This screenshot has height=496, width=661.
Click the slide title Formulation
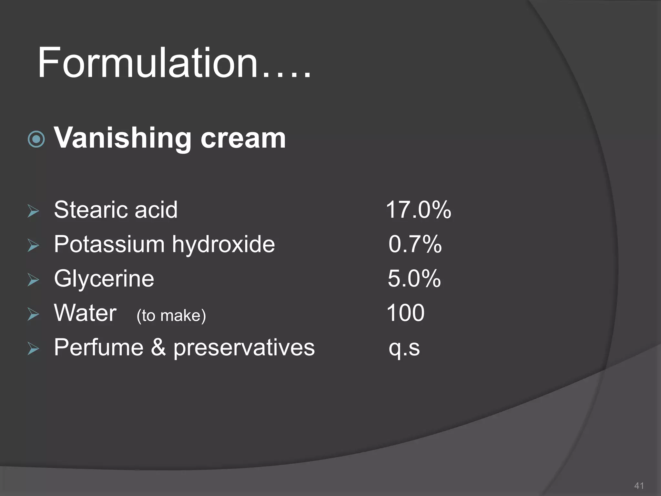click(174, 63)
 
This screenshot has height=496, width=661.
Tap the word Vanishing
click(122, 138)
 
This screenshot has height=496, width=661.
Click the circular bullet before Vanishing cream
click(36, 139)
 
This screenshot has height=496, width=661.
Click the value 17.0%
click(418, 210)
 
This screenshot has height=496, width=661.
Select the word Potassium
click(109, 244)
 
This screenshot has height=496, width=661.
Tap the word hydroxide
click(223, 244)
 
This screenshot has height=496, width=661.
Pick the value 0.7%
click(415, 244)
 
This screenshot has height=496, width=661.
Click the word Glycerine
click(104, 279)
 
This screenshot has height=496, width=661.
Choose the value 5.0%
click(414, 279)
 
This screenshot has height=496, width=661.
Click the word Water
click(85, 313)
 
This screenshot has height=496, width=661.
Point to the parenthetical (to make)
click(171, 315)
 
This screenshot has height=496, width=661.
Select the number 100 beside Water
click(405, 313)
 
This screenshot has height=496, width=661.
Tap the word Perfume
click(98, 348)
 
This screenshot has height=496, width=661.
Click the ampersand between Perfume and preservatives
click(158, 348)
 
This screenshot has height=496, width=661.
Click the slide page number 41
click(639, 486)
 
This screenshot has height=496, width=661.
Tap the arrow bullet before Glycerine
click(33, 280)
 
